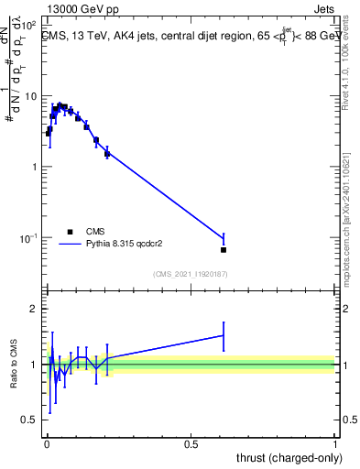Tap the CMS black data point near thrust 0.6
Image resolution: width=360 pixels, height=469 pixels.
pyautogui.click(x=224, y=249)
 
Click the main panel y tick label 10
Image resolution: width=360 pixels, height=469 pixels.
pyautogui.click(x=30, y=96)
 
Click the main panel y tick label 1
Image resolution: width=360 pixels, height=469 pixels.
pyautogui.click(x=33, y=167)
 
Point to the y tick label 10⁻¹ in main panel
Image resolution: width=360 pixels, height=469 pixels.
pyautogui.click(x=27, y=237)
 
